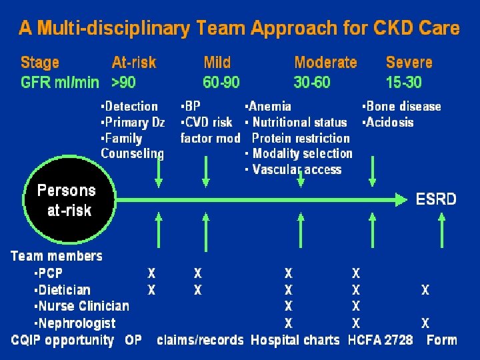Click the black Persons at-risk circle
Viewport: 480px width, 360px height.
(65, 199)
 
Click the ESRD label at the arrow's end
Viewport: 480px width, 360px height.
(436, 199)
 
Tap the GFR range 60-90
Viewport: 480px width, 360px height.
(221, 83)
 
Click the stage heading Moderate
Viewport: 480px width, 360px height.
(325, 63)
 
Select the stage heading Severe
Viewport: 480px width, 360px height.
(409, 63)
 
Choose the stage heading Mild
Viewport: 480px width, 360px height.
(217, 63)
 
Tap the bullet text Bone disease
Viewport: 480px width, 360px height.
(402, 106)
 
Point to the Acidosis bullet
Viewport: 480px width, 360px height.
(389, 122)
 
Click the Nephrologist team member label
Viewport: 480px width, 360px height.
(75, 323)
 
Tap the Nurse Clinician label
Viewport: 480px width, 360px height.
(81, 307)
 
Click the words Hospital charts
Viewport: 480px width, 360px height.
(295, 340)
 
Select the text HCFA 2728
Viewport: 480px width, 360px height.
(380, 340)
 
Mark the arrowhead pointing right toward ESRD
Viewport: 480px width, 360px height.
(401, 199)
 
